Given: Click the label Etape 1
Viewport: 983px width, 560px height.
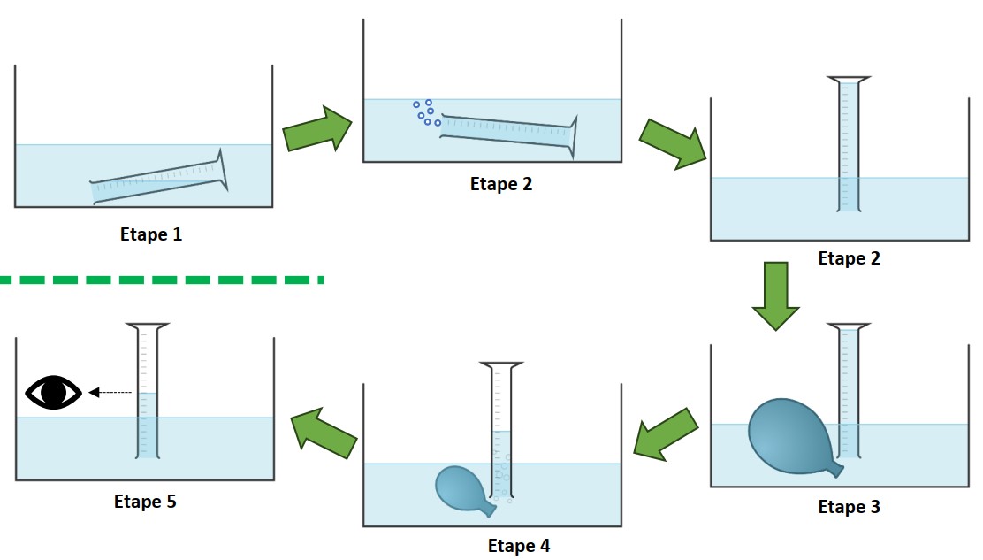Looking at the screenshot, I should pyautogui.click(x=151, y=235).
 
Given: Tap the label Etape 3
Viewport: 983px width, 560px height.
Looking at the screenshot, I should pyautogui.click(x=849, y=508).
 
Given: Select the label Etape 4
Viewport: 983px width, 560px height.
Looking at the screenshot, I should pyautogui.click(x=519, y=546).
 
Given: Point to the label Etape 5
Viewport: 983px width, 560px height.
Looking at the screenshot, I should pyautogui.click(x=145, y=502).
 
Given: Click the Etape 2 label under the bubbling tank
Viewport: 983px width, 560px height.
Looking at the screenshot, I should pyautogui.click(x=501, y=185).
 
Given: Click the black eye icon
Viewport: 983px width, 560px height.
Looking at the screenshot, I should pyautogui.click(x=53, y=392).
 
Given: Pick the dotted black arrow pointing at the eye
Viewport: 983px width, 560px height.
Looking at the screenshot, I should pyautogui.click(x=110, y=392).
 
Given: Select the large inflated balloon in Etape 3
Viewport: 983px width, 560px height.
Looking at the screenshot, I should pyautogui.click(x=790, y=435).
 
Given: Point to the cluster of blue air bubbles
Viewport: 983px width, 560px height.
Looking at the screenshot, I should pyautogui.click(x=426, y=112).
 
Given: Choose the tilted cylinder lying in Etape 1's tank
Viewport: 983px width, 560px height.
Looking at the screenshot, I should pyautogui.click(x=160, y=179).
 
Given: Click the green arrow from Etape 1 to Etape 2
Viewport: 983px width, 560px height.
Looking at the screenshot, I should pyautogui.click(x=316, y=130).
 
